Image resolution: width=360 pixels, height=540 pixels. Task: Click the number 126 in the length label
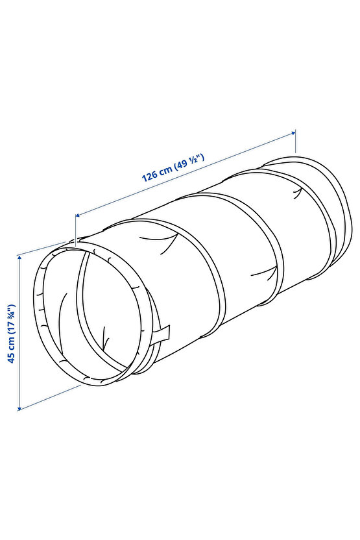click(x=150, y=176)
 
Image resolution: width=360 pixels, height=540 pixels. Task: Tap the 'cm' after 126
click(x=166, y=170)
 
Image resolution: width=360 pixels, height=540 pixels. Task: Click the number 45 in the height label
click(x=12, y=358)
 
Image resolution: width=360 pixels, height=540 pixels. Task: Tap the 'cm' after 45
click(x=12, y=343)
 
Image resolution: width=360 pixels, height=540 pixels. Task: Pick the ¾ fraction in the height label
click(x=12, y=313)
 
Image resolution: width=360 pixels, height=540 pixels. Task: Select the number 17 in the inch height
click(x=12, y=325)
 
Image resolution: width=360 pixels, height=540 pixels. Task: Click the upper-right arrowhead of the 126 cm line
click(x=293, y=132)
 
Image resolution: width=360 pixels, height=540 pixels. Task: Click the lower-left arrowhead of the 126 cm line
click(x=78, y=215)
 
